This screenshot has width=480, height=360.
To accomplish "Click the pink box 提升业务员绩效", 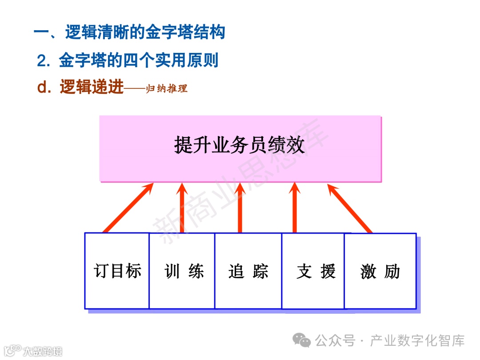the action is pos(240,148).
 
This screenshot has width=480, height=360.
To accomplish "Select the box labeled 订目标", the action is pos(117,271).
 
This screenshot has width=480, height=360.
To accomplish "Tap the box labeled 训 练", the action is pos(182,271).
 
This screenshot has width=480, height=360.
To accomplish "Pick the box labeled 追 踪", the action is pos(248,271).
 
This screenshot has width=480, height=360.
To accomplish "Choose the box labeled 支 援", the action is pos(313,271).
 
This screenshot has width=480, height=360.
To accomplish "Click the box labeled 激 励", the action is pos(380,271).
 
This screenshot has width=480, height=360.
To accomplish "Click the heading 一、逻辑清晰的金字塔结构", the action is pos(129,32).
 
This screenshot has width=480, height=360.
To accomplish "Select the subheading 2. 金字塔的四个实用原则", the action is pos(128,61).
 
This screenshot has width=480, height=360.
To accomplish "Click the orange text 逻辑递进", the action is pos(92,88).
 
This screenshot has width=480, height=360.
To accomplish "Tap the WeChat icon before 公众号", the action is pos(304,341).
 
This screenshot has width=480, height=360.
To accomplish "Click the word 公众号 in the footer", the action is pos(335,341).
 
